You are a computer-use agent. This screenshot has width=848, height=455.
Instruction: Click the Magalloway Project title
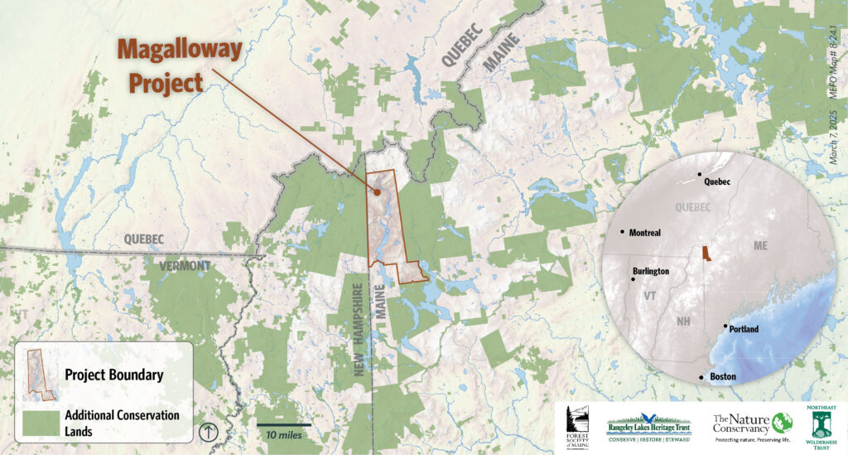179,66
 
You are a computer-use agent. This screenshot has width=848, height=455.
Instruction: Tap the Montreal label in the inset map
645,233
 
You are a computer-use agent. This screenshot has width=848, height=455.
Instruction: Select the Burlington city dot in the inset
634,279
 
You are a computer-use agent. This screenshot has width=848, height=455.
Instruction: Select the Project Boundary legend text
113,375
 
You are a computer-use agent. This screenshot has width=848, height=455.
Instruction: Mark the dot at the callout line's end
378,191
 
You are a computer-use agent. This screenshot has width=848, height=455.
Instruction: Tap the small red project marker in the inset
705,253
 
